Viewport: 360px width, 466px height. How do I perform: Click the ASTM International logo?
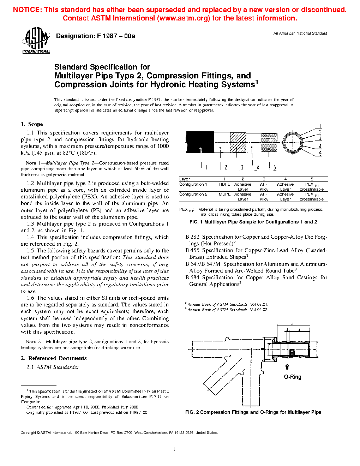coord(36,40)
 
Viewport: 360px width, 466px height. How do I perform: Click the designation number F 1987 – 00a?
coord(95,36)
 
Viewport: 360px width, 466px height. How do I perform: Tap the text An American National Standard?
coord(300,33)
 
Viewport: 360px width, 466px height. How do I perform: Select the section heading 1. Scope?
coord(32,124)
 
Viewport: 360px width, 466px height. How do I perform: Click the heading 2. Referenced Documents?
coord(54,358)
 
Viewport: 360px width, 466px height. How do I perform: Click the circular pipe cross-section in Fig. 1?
coord(292,142)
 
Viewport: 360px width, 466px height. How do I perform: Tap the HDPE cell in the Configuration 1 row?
coord(224,184)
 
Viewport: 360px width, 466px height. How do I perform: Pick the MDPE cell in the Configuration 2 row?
coord(224,194)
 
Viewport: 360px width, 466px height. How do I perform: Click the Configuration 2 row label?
coord(193,194)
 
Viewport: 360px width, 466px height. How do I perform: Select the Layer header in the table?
coord(185,179)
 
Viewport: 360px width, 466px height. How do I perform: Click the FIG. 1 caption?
coord(253,222)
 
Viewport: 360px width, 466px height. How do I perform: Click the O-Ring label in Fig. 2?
coord(293,377)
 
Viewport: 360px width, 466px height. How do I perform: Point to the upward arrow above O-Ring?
coord(287,367)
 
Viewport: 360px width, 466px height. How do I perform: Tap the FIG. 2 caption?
coord(253,412)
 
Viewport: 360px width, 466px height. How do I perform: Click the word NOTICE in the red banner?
coord(27,10)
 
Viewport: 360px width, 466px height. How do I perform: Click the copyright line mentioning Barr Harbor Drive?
coord(119,432)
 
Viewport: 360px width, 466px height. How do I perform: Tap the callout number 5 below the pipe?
coord(275,167)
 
